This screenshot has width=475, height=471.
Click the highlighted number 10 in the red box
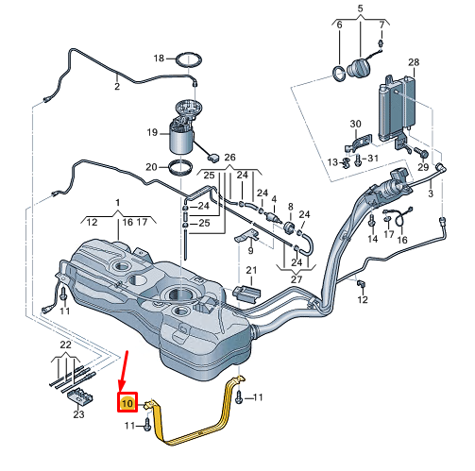click(x=127, y=403)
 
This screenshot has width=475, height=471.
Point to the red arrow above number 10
click(x=124, y=371)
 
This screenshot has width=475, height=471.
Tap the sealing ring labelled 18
click(x=189, y=60)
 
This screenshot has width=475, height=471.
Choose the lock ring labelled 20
click(x=180, y=168)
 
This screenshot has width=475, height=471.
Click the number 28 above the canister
click(x=414, y=62)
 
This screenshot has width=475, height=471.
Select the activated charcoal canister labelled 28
click(x=398, y=109)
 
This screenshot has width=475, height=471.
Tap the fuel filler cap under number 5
click(x=358, y=69)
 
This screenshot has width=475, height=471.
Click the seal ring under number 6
click(x=339, y=73)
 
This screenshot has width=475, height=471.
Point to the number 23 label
click(x=78, y=414)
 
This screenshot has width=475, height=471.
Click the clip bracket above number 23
click(x=80, y=396)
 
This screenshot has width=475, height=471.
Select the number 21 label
click(x=251, y=270)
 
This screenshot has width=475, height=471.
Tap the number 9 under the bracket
click(x=250, y=250)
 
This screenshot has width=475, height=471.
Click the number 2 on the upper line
click(x=117, y=86)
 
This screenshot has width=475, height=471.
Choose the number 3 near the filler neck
click(x=431, y=193)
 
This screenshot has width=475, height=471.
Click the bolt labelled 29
click(x=422, y=153)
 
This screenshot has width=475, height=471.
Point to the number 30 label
click(x=355, y=124)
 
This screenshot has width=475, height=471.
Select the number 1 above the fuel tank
click(x=117, y=202)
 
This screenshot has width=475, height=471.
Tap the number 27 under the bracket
click(x=297, y=279)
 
